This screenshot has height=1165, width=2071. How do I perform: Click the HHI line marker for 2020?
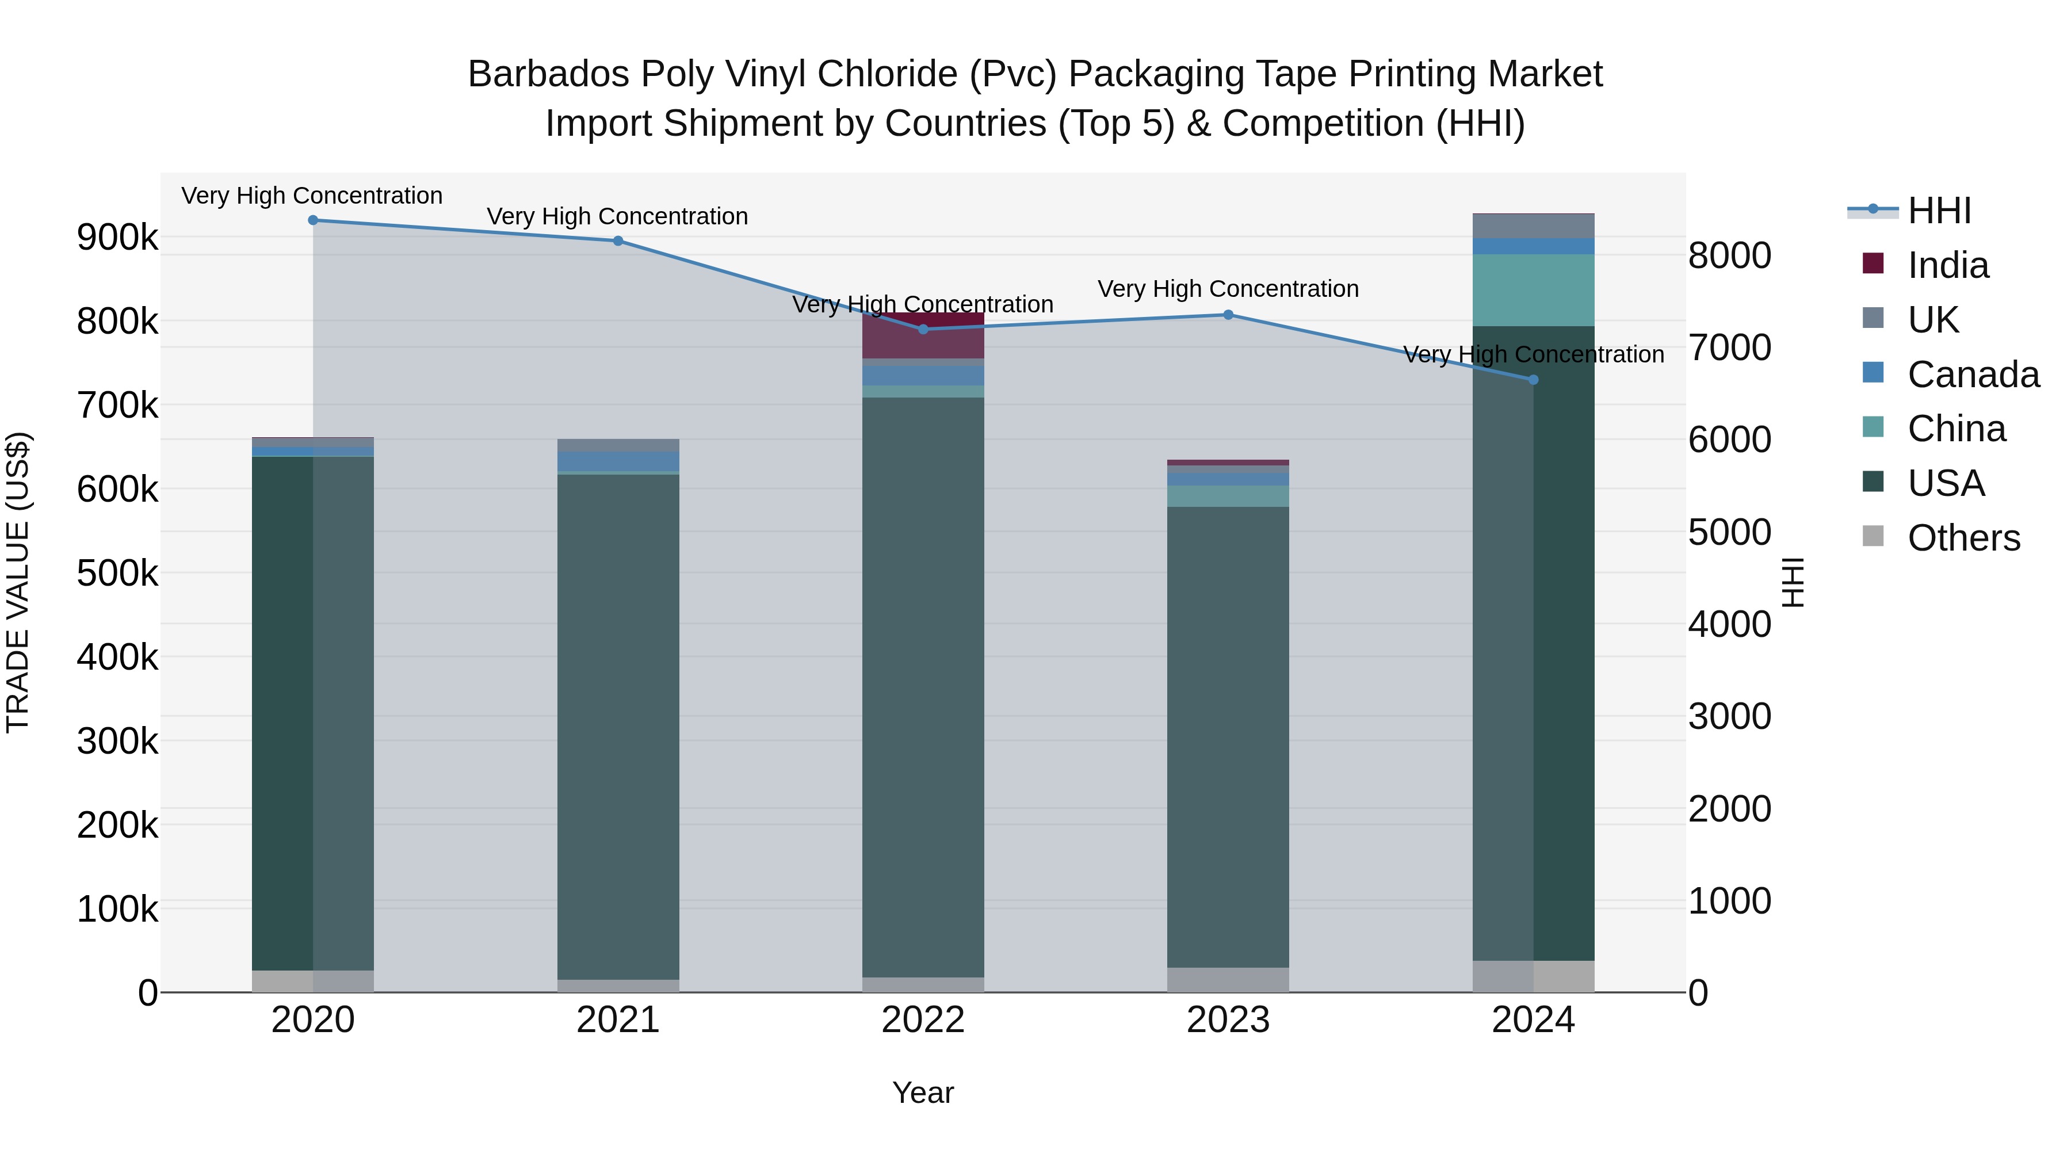pos(313,220)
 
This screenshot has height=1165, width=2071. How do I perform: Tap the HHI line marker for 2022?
pos(923,329)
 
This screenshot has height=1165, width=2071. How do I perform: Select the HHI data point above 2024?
pos(1533,380)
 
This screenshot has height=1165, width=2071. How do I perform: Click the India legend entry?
pos(1947,265)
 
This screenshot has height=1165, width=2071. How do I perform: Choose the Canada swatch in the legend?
pos(1873,373)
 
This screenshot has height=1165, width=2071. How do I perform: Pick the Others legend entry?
pos(1962,538)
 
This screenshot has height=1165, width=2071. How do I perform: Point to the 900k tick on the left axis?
pos(117,237)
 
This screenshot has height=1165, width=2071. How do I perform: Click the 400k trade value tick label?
pos(117,657)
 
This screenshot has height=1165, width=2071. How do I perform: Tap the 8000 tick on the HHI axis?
pos(1729,255)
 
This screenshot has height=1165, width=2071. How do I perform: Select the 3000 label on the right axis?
pos(1729,716)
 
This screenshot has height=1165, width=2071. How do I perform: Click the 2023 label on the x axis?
pos(1228,1020)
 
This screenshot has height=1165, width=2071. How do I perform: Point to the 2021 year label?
pos(617,1020)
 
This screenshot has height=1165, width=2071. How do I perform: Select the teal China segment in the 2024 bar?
pos(1533,289)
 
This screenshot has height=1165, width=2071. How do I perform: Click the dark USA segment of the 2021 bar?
pos(617,724)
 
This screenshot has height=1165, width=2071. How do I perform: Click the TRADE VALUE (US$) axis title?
pos(18,582)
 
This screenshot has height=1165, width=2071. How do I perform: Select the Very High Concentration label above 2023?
pos(1228,289)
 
